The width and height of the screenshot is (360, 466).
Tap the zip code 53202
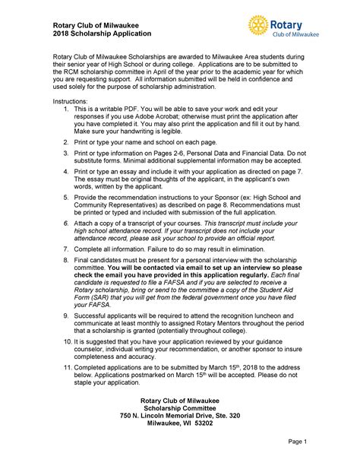pos(218,424)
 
